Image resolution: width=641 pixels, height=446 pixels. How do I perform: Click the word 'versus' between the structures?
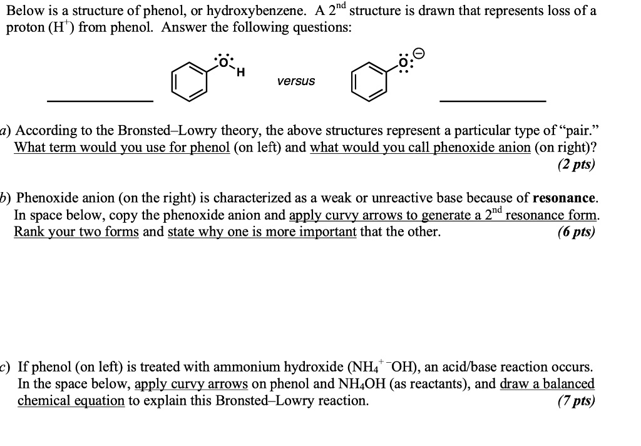(297, 81)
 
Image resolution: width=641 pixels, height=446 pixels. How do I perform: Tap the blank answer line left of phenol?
(101, 101)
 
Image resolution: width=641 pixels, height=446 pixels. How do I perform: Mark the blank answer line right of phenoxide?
(493, 101)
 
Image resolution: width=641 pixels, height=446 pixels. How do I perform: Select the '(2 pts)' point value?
(576, 165)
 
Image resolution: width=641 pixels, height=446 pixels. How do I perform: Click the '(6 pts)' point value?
(576, 232)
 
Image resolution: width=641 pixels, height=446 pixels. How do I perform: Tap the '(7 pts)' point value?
(576, 401)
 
